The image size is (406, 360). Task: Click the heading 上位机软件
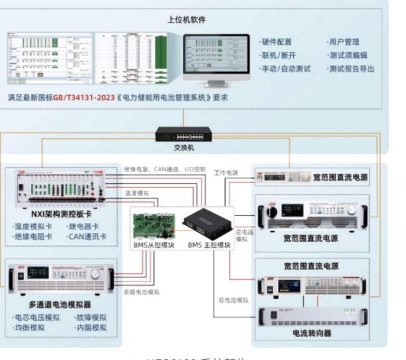187,20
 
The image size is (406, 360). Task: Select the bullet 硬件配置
276,42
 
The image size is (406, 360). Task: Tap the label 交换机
183,148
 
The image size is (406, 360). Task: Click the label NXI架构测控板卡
61,214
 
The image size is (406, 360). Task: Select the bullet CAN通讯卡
88,236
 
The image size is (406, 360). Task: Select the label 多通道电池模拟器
60,305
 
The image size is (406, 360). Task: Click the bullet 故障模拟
90,318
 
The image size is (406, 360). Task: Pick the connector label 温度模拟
137,193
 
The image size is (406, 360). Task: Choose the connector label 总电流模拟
233,300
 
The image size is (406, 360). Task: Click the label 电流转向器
312,333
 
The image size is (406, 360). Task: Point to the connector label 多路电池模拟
142,292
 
